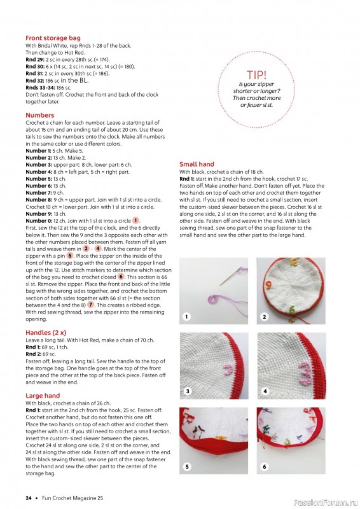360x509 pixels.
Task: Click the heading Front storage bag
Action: coord(53,38)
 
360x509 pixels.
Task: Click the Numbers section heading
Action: coord(39,115)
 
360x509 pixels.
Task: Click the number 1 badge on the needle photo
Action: coord(187,316)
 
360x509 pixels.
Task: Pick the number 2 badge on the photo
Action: coord(265,316)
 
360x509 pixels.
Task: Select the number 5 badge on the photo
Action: coord(187,466)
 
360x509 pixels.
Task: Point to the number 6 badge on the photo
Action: coord(265,466)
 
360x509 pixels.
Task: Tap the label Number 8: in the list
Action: coord(39,199)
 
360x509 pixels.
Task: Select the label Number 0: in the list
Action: coord(39,220)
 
